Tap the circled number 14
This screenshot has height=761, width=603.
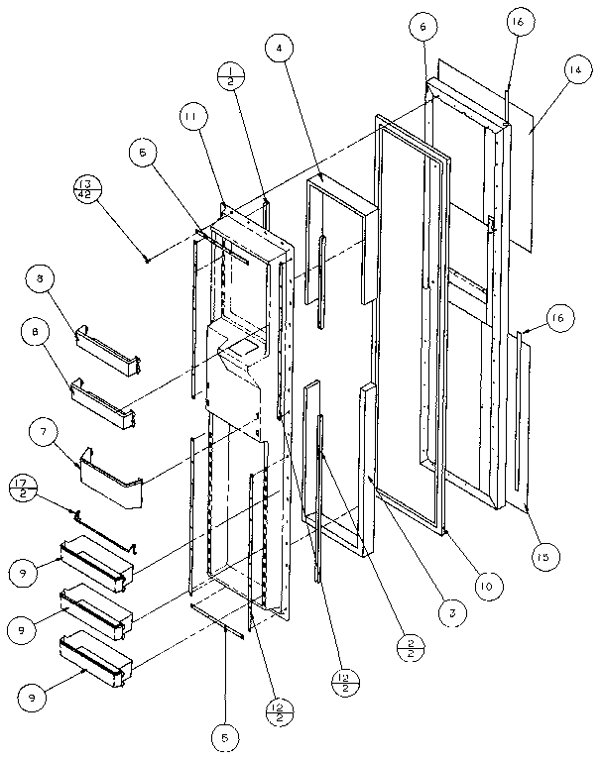tap(574, 70)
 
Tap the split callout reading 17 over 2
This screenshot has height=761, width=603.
tap(22, 489)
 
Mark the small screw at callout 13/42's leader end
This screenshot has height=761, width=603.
tap(147, 260)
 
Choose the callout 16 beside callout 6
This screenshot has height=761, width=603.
tap(521, 21)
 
